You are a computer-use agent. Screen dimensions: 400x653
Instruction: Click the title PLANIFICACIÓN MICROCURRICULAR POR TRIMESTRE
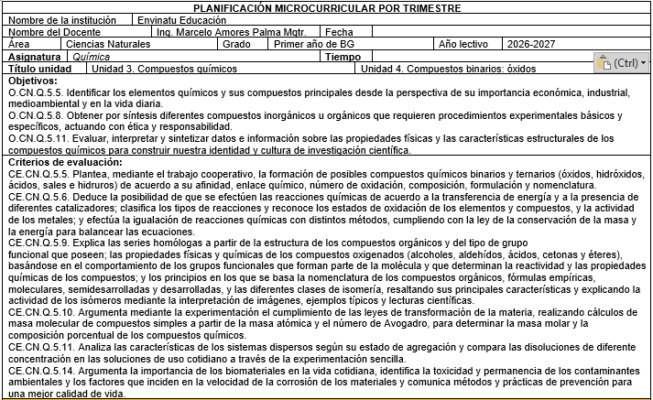(x=327, y=7)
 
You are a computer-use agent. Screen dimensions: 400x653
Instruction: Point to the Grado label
(x=236, y=43)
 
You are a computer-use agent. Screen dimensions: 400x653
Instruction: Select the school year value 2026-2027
(x=531, y=43)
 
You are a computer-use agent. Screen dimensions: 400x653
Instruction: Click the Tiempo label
(x=343, y=56)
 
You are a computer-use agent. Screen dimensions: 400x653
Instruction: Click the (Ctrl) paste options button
(x=622, y=63)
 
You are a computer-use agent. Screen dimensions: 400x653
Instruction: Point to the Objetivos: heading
(x=33, y=81)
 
